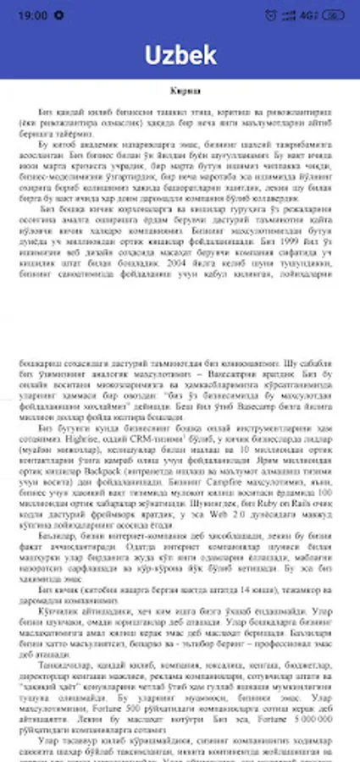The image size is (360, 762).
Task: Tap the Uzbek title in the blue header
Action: [x=180, y=55]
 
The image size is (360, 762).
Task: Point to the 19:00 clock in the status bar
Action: [x=32, y=15]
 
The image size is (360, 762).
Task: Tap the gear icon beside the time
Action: [x=58, y=15]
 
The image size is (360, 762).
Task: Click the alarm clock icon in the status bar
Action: [x=270, y=15]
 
